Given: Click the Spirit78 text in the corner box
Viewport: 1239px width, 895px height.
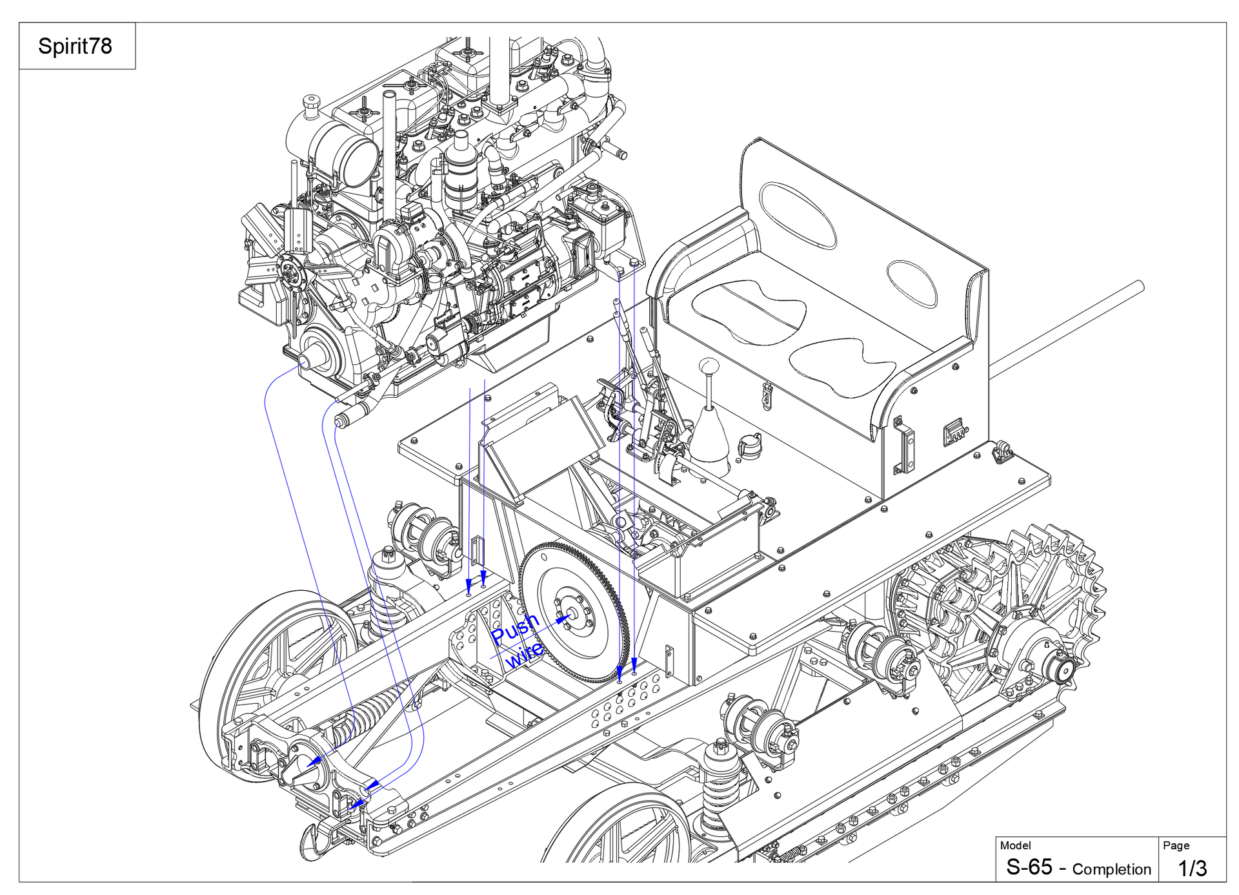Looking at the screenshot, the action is pyautogui.click(x=75, y=46).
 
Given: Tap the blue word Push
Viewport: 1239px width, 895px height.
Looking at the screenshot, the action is pyautogui.click(x=515, y=628).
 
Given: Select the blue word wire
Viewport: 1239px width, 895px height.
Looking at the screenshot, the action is pyautogui.click(x=524, y=655).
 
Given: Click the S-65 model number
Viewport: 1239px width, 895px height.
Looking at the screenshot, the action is pyautogui.click(x=1029, y=867).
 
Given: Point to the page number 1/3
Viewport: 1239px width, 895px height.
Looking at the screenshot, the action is pyautogui.click(x=1193, y=868).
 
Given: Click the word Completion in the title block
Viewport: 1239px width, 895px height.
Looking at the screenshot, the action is pyautogui.click(x=1111, y=869).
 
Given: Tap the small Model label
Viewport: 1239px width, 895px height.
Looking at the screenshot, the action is pyautogui.click(x=1015, y=845).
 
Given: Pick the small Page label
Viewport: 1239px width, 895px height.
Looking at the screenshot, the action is pyautogui.click(x=1176, y=845).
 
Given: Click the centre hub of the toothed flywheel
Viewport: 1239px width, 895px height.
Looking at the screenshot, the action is pyautogui.click(x=571, y=613).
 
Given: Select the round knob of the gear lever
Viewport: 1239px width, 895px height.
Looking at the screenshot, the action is pyautogui.click(x=709, y=367).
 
